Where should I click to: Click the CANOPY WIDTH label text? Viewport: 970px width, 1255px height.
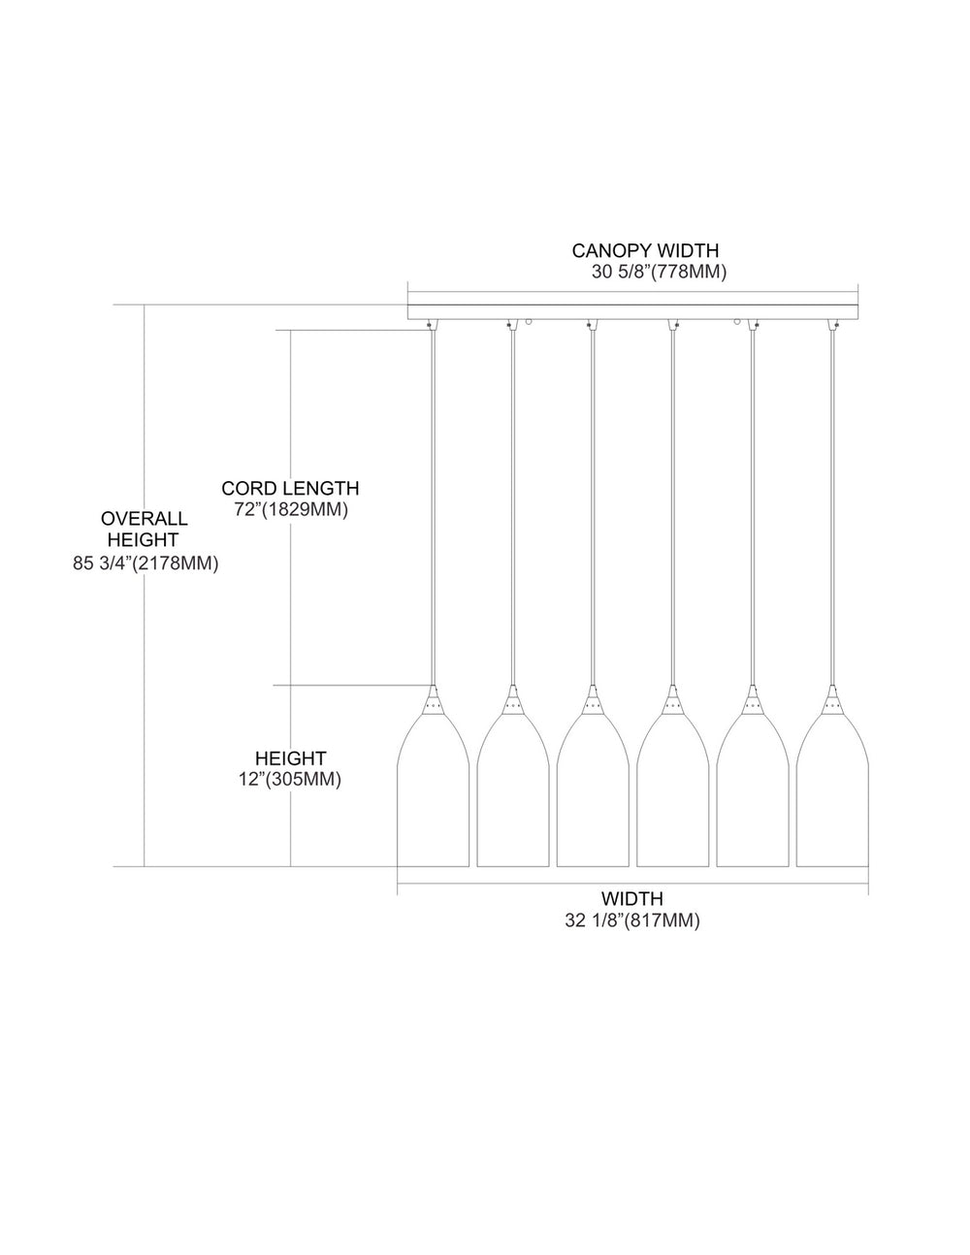(x=645, y=250)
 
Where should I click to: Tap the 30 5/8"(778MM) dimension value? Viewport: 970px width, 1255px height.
(x=659, y=272)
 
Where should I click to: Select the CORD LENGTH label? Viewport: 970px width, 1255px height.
(x=290, y=489)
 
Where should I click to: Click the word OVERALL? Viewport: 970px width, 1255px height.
(x=145, y=518)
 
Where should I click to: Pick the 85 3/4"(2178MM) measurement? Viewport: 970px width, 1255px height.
(x=145, y=563)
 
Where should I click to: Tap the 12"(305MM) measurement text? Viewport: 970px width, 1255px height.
(x=290, y=779)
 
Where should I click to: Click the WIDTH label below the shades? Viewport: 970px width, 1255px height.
(x=632, y=899)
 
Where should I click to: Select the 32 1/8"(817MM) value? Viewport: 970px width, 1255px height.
(x=632, y=920)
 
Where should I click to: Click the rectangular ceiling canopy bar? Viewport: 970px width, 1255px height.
(x=632, y=312)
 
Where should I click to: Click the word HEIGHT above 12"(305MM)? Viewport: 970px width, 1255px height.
(x=291, y=757)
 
